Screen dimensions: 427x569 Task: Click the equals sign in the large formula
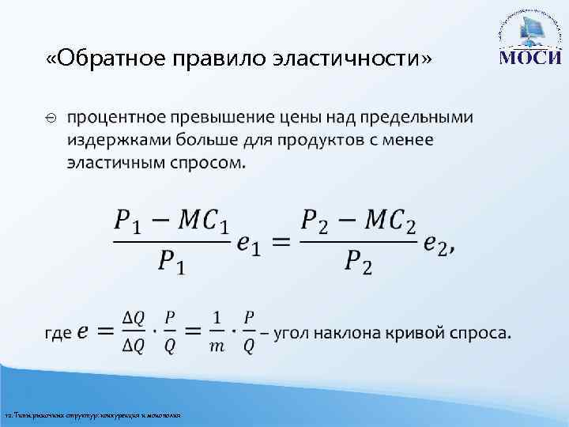[x=277, y=244]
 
